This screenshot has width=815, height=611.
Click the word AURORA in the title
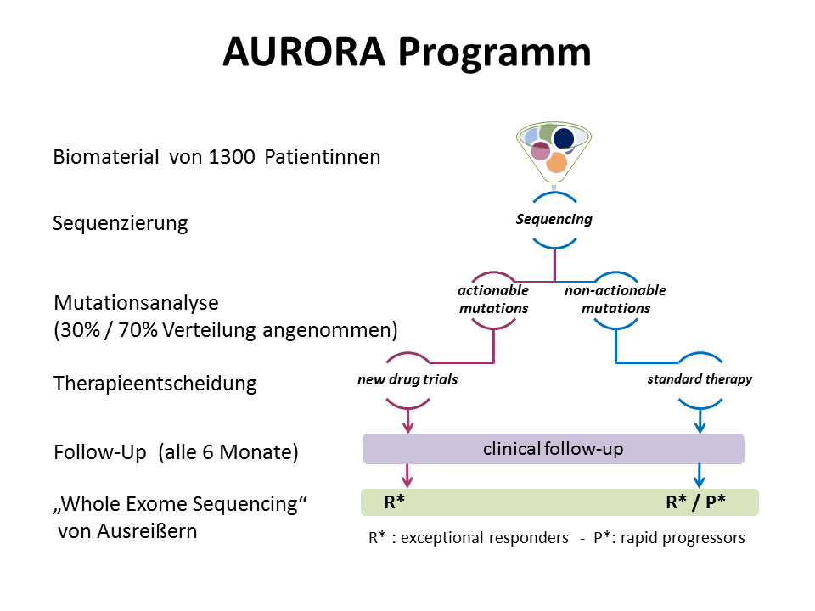pyautogui.click(x=304, y=53)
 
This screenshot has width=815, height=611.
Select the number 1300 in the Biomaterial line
pyautogui.click(x=232, y=157)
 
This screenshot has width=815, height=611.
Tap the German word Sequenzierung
pyautogui.click(x=120, y=223)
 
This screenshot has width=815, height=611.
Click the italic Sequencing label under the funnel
pyautogui.click(x=554, y=219)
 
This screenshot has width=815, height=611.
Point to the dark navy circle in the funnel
pyautogui.click(x=564, y=138)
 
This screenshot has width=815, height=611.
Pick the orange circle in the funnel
pyautogui.click(x=556, y=162)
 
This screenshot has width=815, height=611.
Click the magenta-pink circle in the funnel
pyautogui.click(x=540, y=151)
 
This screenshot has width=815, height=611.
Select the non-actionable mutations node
pyautogui.click(x=615, y=300)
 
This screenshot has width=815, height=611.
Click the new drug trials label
pyautogui.click(x=407, y=380)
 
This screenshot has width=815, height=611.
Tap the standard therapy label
pyautogui.click(x=700, y=379)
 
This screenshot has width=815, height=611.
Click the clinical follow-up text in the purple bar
pyautogui.click(x=553, y=449)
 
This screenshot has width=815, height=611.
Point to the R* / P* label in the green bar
pyautogui.click(x=695, y=502)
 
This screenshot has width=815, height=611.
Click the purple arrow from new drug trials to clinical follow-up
pyautogui.click(x=408, y=422)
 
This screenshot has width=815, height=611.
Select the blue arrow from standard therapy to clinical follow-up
pyautogui.click(x=700, y=422)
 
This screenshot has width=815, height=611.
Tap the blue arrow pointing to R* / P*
pyautogui.click(x=699, y=475)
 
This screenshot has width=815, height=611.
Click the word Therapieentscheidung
pyautogui.click(x=155, y=384)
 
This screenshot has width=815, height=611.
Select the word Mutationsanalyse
pyautogui.click(x=136, y=303)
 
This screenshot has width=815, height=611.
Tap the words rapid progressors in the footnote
pyautogui.click(x=683, y=538)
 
